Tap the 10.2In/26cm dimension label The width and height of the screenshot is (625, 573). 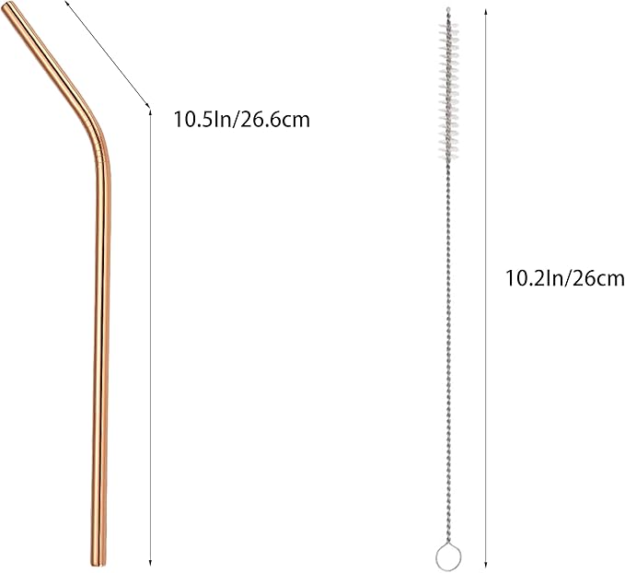pos(565,277)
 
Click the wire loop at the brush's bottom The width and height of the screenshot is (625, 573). pos(446,555)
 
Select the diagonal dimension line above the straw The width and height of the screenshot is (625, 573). pos(109,55)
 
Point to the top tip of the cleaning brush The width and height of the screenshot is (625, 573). pos(448,10)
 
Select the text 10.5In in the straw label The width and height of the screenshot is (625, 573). pos(198,118)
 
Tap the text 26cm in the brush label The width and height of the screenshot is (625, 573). pos(599,277)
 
